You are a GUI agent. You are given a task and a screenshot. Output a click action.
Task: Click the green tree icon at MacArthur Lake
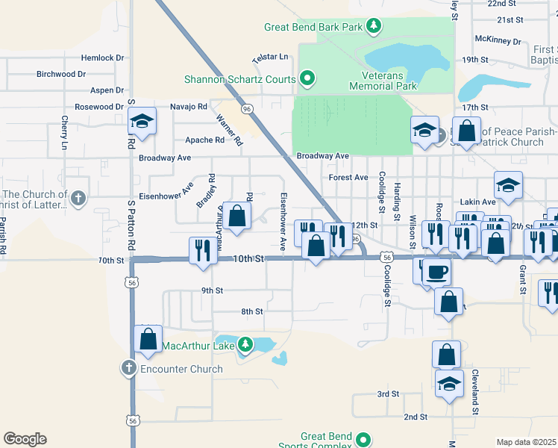point(245,345)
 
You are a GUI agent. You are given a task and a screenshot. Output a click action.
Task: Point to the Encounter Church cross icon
point(128,368)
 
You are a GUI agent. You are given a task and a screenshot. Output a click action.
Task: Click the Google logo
point(25,439)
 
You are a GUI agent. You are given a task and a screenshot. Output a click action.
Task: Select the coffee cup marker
point(436,272)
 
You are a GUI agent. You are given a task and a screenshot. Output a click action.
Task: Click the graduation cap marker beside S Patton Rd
point(142,121)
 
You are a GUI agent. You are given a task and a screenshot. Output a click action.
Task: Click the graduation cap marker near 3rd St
point(449,385)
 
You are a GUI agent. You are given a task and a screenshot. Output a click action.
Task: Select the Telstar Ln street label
point(270,57)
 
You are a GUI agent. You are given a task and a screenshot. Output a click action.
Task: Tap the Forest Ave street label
point(348,178)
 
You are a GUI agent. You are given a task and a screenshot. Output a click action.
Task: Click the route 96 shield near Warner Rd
point(247,109)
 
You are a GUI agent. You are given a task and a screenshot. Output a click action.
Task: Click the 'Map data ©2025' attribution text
point(526,442)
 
